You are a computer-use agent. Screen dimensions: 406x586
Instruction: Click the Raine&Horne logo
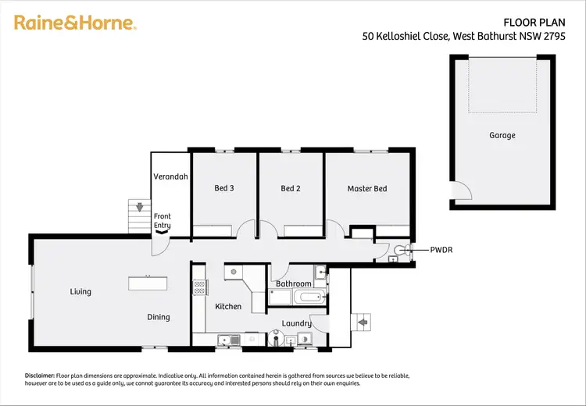click(75, 23)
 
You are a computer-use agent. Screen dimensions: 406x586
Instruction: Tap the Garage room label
click(502, 136)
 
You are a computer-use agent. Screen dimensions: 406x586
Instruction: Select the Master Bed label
click(367, 189)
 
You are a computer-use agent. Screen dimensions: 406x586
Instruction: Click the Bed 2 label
click(291, 189)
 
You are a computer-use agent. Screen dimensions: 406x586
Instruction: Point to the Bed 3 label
click(225, 189)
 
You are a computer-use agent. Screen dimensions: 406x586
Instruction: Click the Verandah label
click(170, 177)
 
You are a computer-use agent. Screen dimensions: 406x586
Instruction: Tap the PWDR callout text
click(441, 251)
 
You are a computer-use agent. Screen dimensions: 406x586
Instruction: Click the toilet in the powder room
click(401, 251)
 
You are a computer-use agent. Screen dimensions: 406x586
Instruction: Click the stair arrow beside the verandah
click(139, 208)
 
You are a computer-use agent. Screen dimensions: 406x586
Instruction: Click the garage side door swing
click(461, 190)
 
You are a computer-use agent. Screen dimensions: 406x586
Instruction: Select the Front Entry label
click(162, 221)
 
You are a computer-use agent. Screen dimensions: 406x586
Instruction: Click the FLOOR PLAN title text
click(528, 22)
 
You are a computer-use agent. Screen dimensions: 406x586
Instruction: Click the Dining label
click(159, 317)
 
